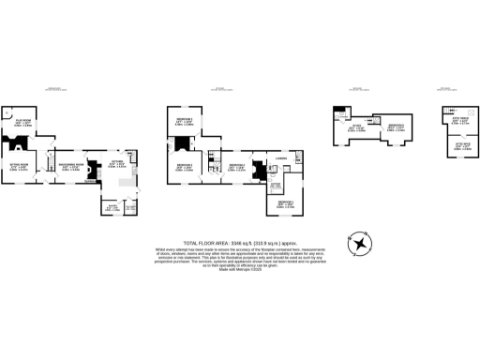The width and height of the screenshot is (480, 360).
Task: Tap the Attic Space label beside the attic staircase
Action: tap(460, 121)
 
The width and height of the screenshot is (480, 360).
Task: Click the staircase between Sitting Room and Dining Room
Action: tap(43, 164)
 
